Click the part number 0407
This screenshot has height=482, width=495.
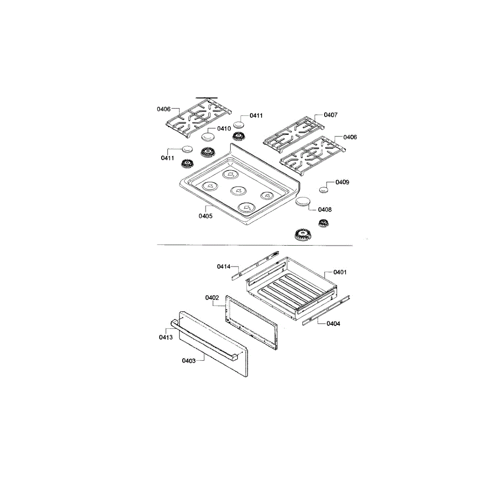click(x=330, y=115)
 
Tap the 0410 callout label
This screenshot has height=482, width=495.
click(x=224, y=129)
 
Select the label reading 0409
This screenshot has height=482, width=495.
click(x=342, y=182)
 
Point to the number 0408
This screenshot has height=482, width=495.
click(x=325, y=210)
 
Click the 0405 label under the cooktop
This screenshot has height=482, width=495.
click(x=205, y=216)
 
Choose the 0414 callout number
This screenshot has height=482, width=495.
click(x=224, y=266)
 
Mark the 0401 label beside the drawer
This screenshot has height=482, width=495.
click(x=340, y=272)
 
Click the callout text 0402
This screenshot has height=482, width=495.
click(x=212, y=297)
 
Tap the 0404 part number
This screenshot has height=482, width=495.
click(x=333, y=324)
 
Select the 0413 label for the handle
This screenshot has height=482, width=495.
click(x=166, y=337)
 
